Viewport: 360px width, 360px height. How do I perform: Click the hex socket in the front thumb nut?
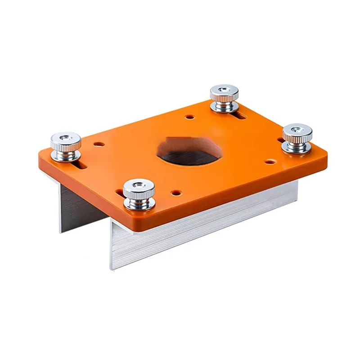[x=137, y=184]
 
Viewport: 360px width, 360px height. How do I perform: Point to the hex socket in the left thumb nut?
[x=65, y=137]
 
